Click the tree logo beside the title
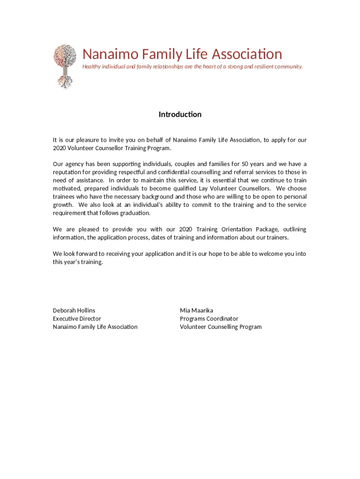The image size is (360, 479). click(x=65, y=66)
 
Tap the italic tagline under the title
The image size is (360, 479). click(x=193, y=66)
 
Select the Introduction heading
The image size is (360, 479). click(x=180, y=115)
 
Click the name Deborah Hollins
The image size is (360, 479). click(x=74, y=311)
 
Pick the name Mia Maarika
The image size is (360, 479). click(x=196, y=311)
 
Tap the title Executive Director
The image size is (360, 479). click(x=77, y=319)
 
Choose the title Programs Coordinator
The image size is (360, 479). click(x=209, y=319)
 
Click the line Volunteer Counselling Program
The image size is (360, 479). click(x=221, y=327)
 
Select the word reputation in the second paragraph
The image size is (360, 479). click(x=67, y=172)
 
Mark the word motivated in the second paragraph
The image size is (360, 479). click(x=66, y=189)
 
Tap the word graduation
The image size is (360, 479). click(x=137, y=213)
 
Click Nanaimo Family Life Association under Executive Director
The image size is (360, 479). click(x=95, y=327)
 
